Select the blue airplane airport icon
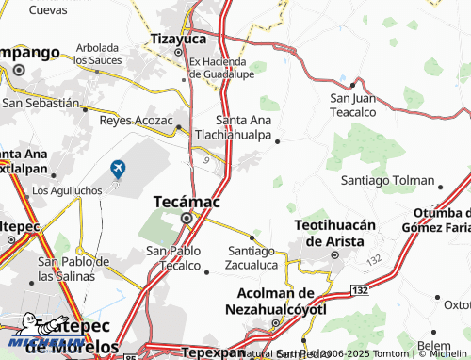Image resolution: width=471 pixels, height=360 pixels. click(118, 169)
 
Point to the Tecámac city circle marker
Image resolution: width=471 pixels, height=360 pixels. click(187, 219)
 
